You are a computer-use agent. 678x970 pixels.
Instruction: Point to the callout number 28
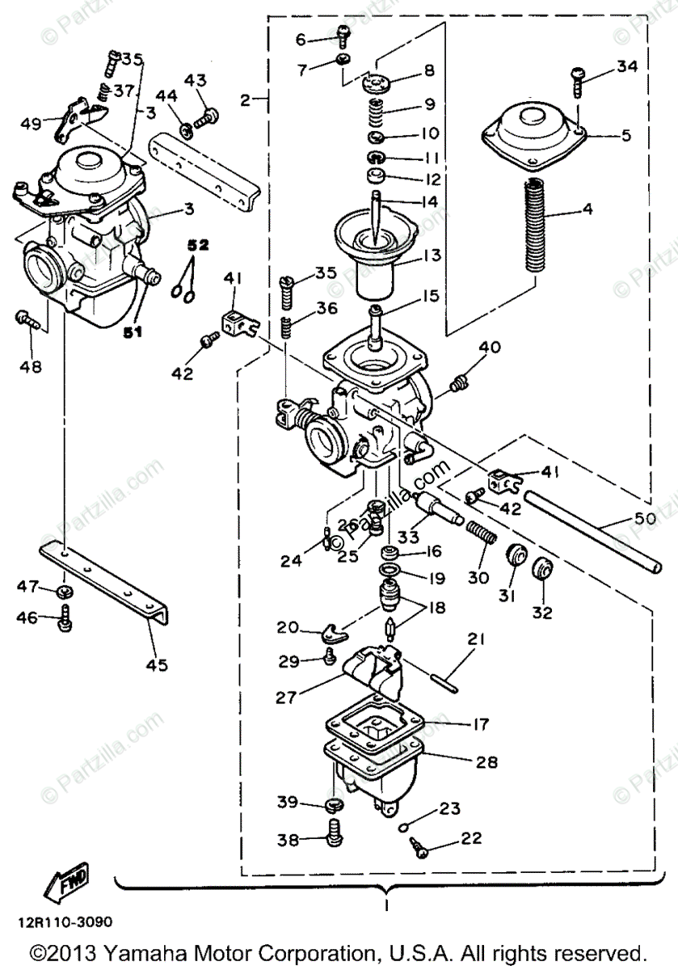487,761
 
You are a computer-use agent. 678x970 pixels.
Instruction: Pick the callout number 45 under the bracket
157,664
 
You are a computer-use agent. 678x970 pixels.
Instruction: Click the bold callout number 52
198,243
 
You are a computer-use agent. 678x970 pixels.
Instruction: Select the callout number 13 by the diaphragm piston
432,255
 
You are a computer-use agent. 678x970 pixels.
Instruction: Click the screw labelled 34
579,77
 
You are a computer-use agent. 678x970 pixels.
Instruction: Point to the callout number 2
245,100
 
